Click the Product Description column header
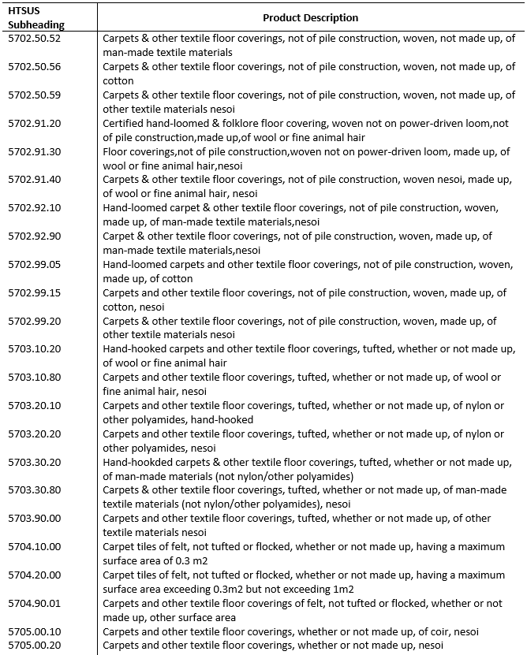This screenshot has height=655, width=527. [310, 17]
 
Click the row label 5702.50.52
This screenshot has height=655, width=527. [34, 38]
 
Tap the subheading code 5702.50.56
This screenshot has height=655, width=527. [34, 66]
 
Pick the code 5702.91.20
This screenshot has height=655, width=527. [34, 123]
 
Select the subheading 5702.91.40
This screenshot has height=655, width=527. [34, 180]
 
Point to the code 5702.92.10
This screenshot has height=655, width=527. [34, 208]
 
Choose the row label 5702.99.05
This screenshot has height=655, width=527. [34, 265]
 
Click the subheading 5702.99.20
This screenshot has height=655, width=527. [34, 322]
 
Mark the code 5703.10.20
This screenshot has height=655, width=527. [34, 349]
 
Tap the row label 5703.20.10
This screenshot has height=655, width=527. [34, 406]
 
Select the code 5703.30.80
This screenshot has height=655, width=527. [34, 490]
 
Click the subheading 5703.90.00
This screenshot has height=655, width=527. [34, 519]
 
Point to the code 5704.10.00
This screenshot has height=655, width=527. [34, 547]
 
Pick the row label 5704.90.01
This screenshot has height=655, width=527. [34, 604]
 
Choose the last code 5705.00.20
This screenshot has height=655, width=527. [34, 646]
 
